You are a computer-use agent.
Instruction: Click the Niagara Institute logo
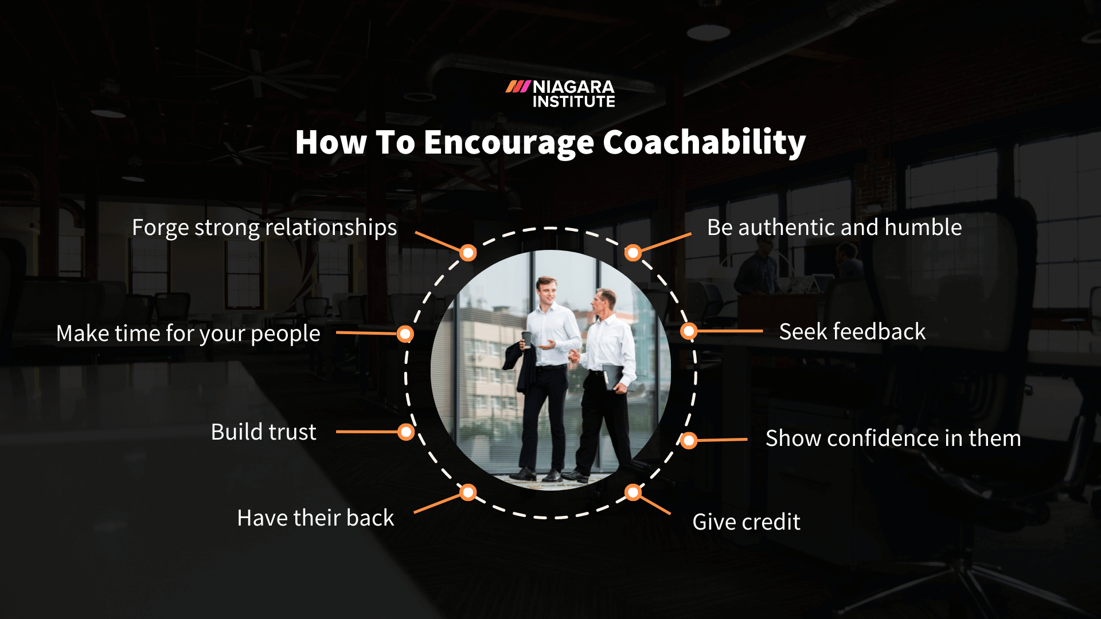click(x=560, y=94)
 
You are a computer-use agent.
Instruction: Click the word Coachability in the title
click(x=704, y=143)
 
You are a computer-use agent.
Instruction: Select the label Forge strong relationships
click(x=264, y=228)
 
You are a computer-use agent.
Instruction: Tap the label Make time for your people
click(x=188, y=334)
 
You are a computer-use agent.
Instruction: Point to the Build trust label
click(x=263, y=432)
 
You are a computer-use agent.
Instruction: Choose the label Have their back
click(x=315, y=518)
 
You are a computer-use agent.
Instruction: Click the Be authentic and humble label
click(x=834, y=228)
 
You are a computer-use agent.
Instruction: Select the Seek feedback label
click(x=852, y=332)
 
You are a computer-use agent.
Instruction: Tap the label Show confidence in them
click(x=893, y=438)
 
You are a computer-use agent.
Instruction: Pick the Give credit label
click(x=746, y=522)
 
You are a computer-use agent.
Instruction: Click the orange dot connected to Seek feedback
click(x=689, y=331)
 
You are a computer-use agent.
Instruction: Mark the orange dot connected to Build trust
click(x=406, y=432)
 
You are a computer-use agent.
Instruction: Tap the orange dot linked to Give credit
click(x=633, y=492)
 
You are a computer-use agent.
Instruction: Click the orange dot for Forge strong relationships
click(x=468, y=253)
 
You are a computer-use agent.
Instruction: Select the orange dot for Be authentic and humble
click(x=633, y=253)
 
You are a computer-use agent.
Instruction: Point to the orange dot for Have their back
click(x=468, y=492)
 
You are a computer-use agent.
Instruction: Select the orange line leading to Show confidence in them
click(x=723, y=440)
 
